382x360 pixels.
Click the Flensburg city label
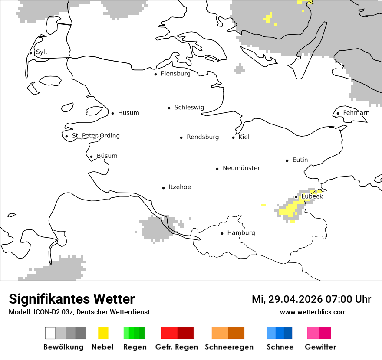coord(175,74)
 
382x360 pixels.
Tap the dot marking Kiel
coord(234,137)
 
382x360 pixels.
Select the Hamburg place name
coord(241,233)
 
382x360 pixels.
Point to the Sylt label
coord(42,52)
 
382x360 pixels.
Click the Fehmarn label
coord(356,113)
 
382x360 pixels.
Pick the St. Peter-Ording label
coord(95,136)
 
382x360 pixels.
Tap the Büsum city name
coord(107,156)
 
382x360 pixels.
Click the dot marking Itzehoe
coord(164,188)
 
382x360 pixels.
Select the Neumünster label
coord(241,168)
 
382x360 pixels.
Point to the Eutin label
coord(300,160)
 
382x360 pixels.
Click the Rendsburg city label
coord(203,137)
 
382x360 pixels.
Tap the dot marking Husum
coord(113,113)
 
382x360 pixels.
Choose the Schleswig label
coord(189,108)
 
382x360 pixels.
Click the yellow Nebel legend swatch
coord(103,333)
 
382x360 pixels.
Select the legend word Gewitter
coord(320,347)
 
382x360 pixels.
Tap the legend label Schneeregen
coord(229,347)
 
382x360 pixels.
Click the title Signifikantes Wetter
coord(72,299)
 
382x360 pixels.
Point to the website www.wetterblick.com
coord(313,312)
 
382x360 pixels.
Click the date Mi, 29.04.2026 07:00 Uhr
coord(311,299)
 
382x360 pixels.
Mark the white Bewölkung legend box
coord(50,333)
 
